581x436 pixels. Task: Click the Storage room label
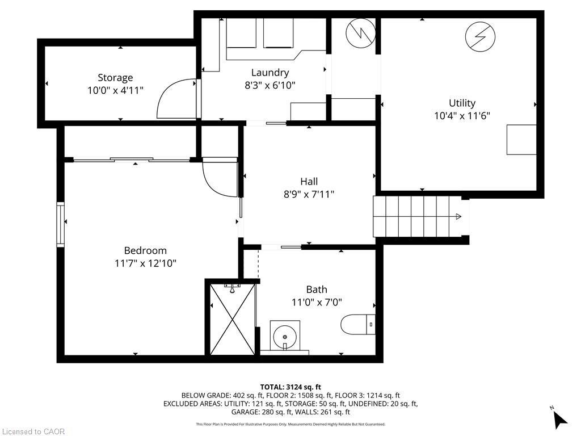(x=115, y=78)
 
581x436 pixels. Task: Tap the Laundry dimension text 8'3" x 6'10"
(x=270, y=85)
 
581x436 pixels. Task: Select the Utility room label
(x=462, y=103)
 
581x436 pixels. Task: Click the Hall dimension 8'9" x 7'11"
(x=309, y=194)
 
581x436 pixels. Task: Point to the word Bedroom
(x=145, y=250)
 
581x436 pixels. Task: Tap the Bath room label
(x=316, y=290)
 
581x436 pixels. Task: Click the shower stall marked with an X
(x=233, y=320)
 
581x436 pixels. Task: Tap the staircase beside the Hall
(x=417, y=216)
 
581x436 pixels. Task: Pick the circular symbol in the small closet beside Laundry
(x=360, y=34)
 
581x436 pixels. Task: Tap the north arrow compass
(x=559, y=418)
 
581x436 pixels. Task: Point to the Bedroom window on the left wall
(x=60, y=224)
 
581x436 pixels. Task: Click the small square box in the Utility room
(x=521, y=139)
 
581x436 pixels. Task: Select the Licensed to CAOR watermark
(x=33, y=431)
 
